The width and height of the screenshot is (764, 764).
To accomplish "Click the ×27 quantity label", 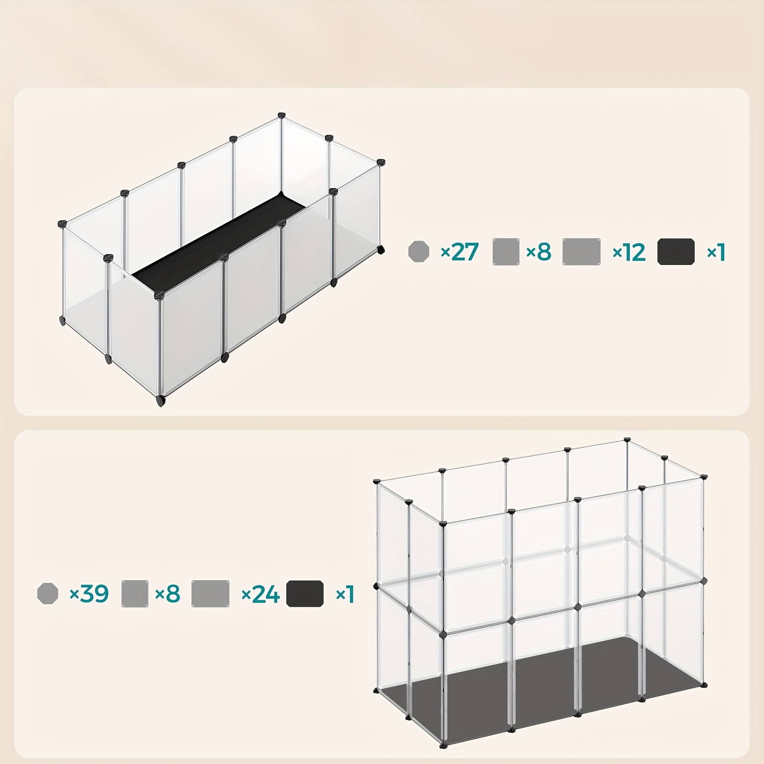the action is [459, 252].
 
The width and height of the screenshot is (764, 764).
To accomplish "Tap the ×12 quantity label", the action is [629, 252].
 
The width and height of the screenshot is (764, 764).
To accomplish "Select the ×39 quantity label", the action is [89, 594].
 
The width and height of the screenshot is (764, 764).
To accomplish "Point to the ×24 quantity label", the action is [260, 594].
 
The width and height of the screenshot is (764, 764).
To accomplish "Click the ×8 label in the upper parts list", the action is [539, 252].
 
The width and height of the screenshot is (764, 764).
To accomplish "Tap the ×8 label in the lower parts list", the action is [168, 594].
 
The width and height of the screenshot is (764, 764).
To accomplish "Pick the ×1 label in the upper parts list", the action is [716, 252].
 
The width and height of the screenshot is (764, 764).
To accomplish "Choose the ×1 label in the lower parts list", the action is [345, 594].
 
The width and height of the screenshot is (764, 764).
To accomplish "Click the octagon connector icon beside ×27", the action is [419, 252].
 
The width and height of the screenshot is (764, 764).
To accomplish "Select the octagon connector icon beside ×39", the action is [48, 594].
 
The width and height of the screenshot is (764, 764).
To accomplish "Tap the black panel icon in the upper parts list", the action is [676, 252].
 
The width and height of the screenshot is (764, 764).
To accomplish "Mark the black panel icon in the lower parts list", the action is [305, 594].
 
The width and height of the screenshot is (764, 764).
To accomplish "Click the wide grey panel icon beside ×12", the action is [582, 252].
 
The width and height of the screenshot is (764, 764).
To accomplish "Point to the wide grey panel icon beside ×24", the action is [210, 594].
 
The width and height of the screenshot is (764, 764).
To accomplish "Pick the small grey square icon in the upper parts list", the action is [506, 252].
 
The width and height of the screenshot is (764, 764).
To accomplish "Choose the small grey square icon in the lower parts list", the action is [135, 594].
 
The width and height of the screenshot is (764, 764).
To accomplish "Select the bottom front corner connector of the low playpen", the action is [160, 400].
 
